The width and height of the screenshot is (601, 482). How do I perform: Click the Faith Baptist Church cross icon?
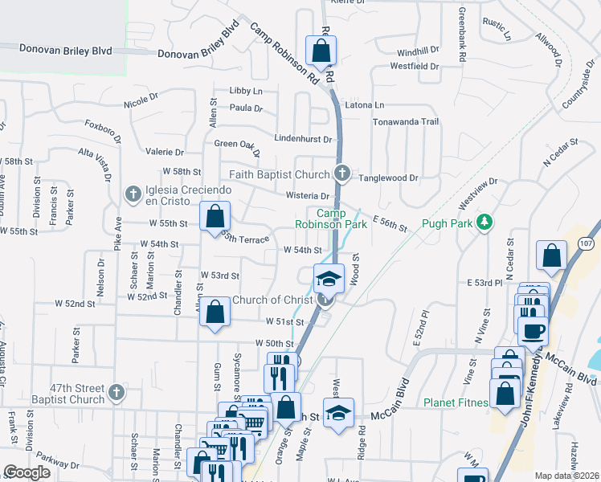342,174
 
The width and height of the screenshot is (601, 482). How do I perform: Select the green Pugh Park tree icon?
484,221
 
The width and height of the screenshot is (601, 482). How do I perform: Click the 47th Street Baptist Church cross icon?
116,393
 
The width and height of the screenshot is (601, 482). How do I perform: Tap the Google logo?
27,472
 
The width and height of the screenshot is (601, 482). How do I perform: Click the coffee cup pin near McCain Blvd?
534,329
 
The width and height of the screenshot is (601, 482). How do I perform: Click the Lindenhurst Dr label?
303,139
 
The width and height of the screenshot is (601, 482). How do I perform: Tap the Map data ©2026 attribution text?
566,476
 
